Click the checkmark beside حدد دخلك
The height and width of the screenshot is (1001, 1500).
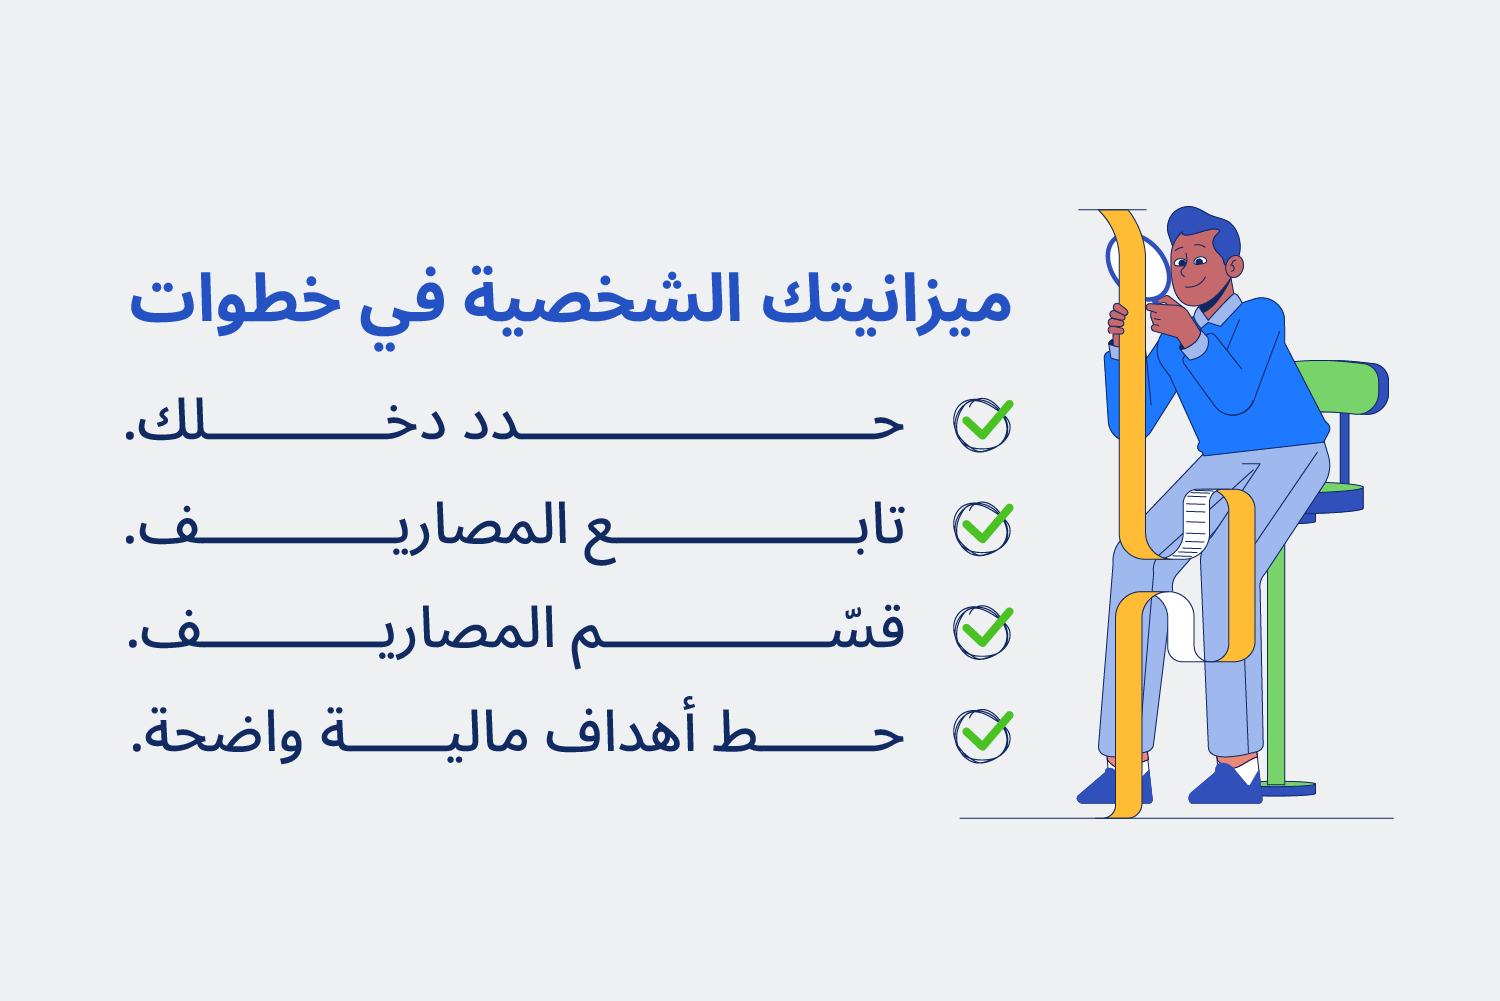coord(982,424)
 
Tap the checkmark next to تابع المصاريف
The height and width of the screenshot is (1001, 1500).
coord(982,528)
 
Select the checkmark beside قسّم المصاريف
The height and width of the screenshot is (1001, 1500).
coord(982,631)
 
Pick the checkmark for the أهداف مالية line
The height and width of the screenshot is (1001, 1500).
coord(982,735)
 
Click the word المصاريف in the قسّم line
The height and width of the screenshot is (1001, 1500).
coord(340,631)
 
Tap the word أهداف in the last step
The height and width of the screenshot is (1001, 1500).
coord(620,735)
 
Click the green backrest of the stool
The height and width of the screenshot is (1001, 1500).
coord(1345,385)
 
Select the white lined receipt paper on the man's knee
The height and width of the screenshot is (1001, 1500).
coord(1195,520)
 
